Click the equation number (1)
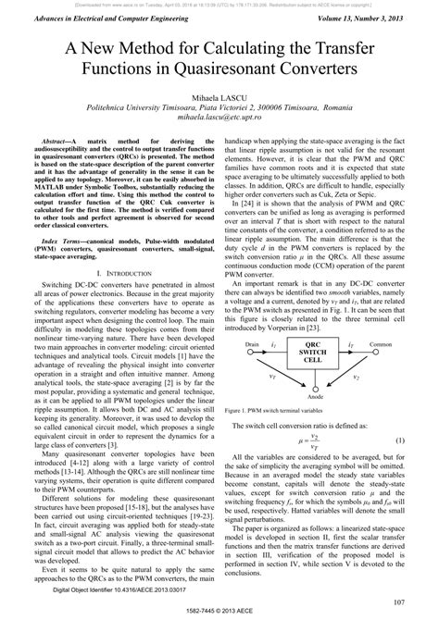425,443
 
